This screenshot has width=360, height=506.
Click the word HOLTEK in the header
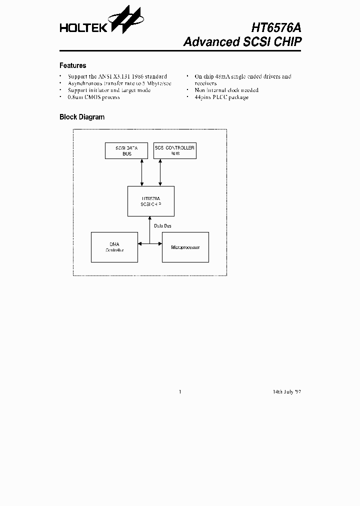83,28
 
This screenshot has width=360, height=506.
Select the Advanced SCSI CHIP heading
242,41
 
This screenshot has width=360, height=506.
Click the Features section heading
72,65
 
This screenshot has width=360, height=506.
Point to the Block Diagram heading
82,117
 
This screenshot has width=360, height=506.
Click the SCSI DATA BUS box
126,150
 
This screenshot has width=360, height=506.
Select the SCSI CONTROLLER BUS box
174,150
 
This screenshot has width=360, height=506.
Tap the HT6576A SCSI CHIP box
151,201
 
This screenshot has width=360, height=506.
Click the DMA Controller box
114,247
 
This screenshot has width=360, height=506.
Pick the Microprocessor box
185,247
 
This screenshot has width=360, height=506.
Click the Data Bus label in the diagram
162,226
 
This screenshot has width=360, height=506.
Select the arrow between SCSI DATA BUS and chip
142,172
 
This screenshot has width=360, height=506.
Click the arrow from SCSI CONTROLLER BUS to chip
160,172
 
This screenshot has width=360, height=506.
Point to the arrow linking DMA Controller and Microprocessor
150,244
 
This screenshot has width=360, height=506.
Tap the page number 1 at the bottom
179,391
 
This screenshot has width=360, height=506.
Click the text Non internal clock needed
226,90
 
